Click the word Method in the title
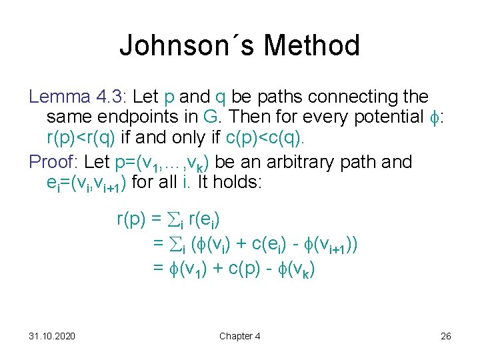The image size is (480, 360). [311, 45]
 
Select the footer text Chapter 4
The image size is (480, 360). [240, 336]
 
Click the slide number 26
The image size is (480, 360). [446, 336]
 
